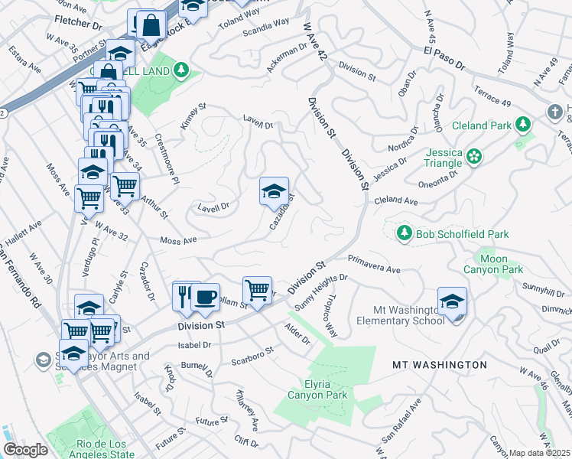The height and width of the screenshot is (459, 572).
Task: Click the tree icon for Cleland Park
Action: (x=523, y=124)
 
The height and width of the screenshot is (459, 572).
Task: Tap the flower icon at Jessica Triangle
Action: (x=475, y=157)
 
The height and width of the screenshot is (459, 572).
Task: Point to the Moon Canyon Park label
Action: (x=493, y=265)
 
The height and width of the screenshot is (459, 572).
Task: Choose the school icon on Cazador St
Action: (x=274, y=190)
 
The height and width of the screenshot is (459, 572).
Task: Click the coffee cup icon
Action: (x=205, y=297)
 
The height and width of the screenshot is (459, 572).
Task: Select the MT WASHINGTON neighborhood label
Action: (x=439, y=365)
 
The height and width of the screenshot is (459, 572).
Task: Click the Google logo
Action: (x=26, y=450)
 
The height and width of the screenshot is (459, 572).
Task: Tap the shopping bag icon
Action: (x=152, y=26)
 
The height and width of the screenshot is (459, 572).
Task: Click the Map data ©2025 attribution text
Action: (x=540, y=453)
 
